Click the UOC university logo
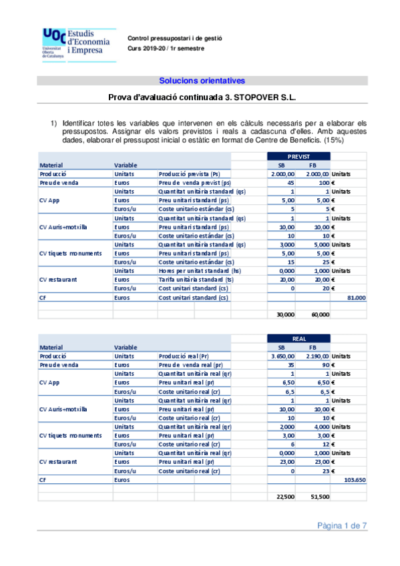(69, 43)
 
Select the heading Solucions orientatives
(202, 81)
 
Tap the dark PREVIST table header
(298, 156)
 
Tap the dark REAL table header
(298, 339)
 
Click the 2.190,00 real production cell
(315, 357)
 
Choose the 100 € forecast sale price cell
(320, 183)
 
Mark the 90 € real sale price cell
(322, 366)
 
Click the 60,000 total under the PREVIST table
(317, 314)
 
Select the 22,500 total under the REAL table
(284, 497)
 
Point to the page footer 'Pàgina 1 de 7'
(341, 526)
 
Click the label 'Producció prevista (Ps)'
(189, 174)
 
